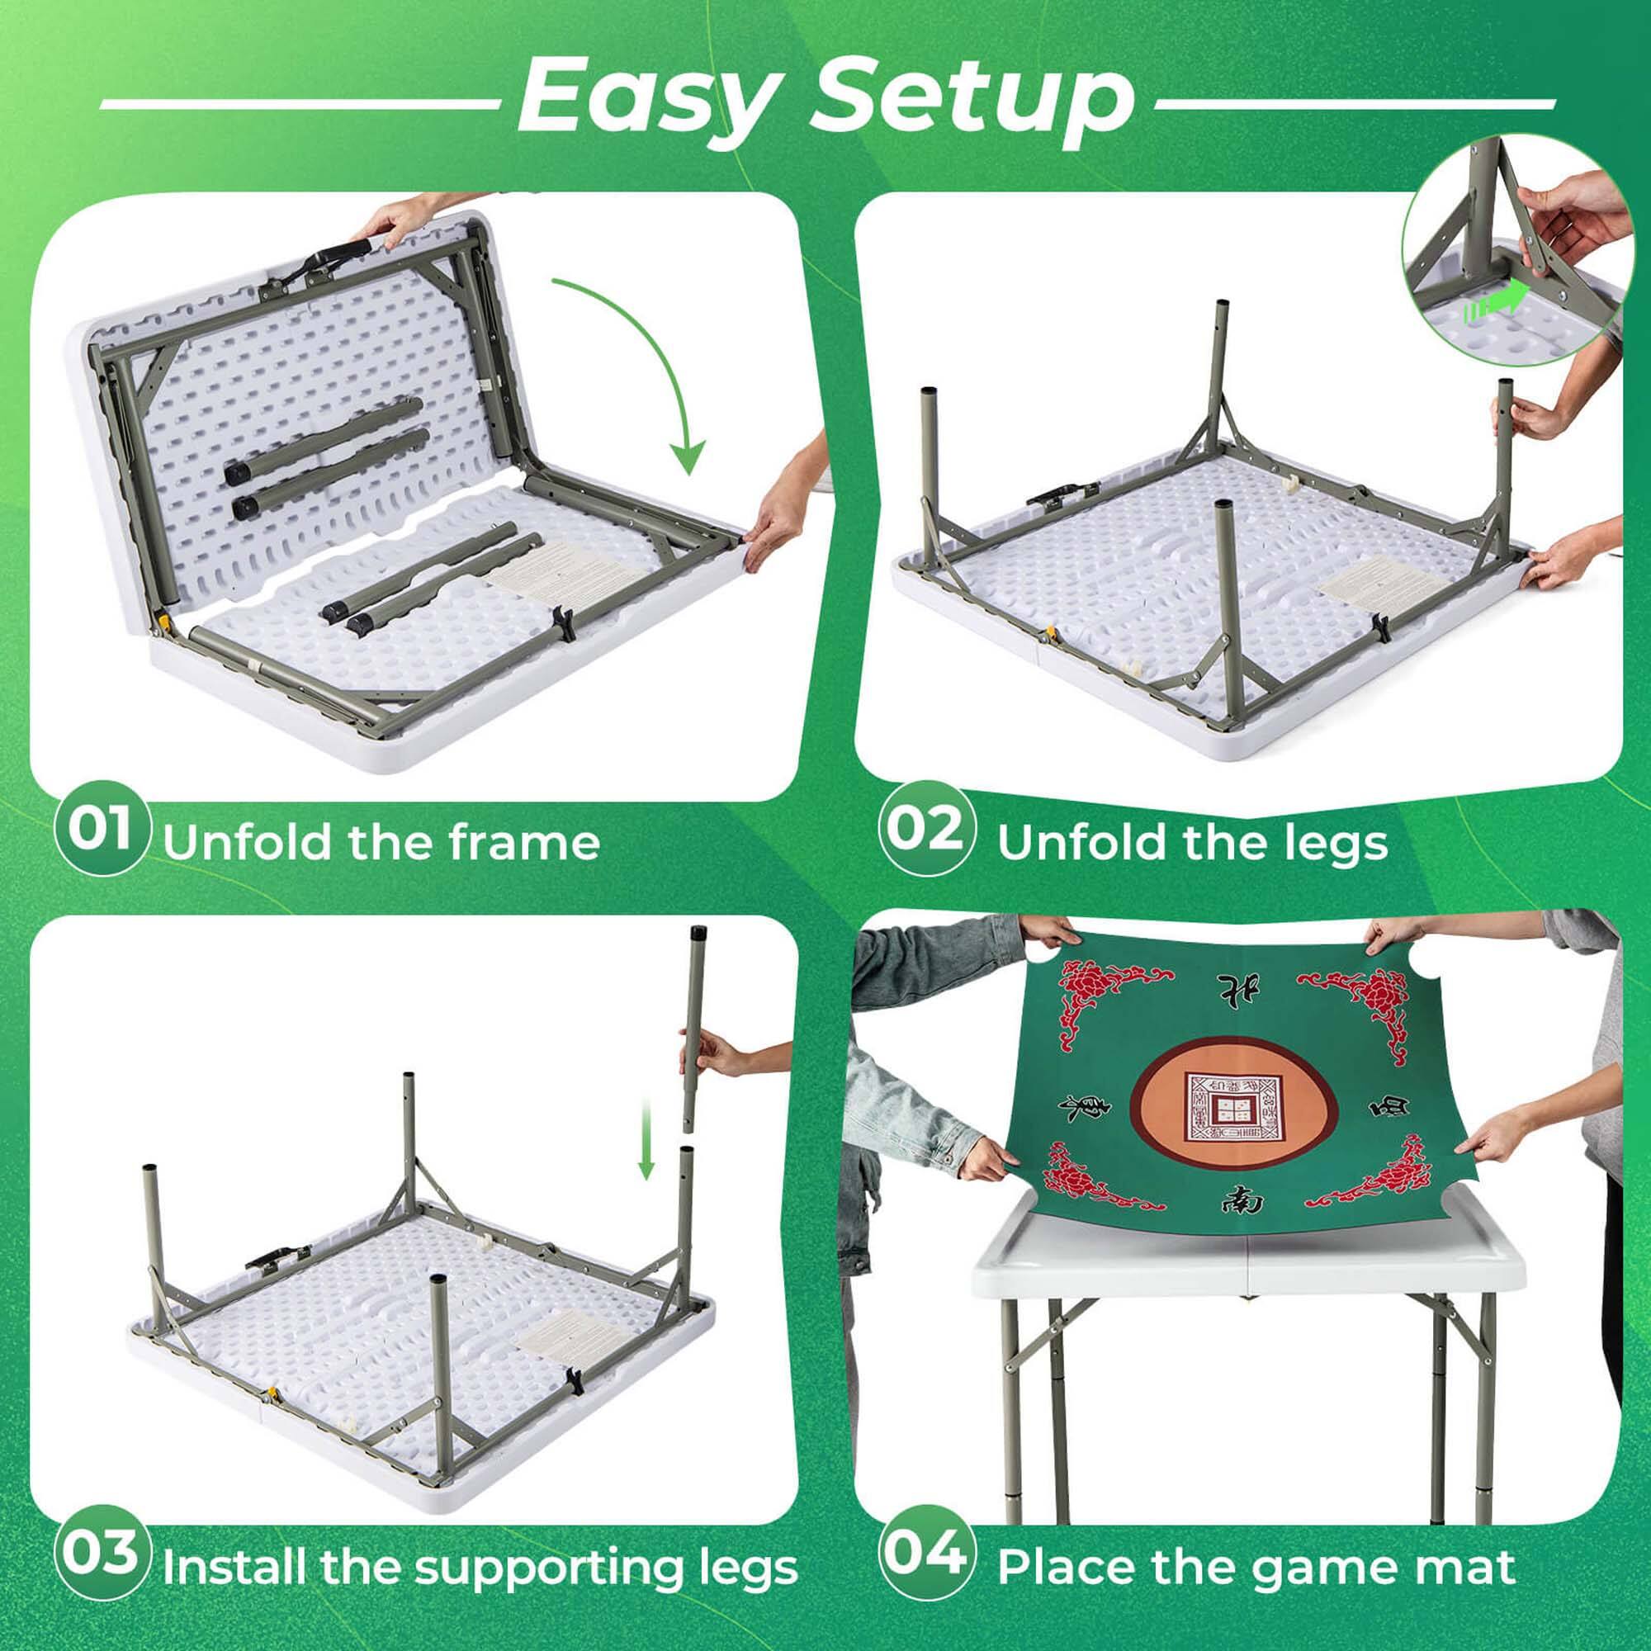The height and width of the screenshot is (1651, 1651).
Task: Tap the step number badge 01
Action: [x=102, y=829]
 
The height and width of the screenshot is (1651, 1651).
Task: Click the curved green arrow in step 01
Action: [x=650, y=359]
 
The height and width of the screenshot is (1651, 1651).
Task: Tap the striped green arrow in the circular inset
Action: [x=1496, y=305]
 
